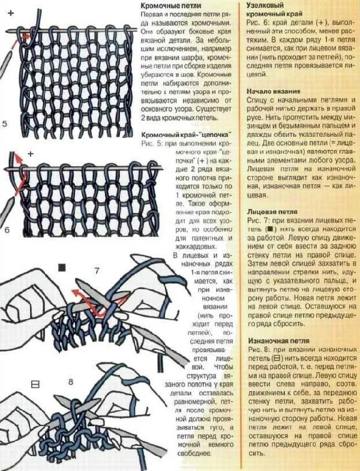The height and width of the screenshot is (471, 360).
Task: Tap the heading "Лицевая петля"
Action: coord(272,212)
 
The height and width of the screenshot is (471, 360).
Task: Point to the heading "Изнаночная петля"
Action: coord(278,341)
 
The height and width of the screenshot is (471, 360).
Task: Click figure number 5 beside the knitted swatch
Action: coord(5,124)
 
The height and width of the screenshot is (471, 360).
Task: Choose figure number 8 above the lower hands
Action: coord(70,382)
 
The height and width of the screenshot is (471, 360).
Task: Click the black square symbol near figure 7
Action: coord(61,266)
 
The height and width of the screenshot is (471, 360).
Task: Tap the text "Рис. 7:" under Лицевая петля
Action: coord(259,221)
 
